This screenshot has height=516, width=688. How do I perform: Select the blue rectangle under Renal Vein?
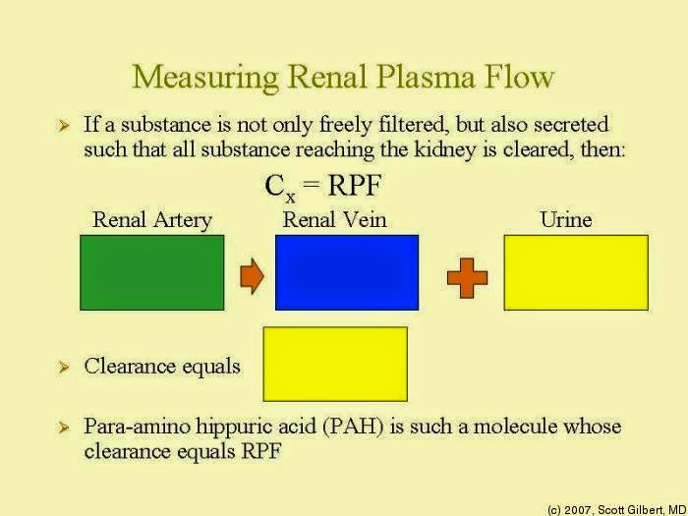(347, 272)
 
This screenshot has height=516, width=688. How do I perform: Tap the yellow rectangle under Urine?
(576, 272)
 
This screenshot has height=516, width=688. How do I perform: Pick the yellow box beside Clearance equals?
(335, 364)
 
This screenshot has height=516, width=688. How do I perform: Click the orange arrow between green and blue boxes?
(252, 278)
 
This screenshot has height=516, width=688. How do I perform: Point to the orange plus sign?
(467, 278)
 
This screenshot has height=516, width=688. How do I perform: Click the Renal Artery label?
(152, 219)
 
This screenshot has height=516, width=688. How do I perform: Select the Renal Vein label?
(334, 219)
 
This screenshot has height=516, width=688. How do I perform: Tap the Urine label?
(565, 219)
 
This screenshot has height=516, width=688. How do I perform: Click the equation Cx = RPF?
(322, 186)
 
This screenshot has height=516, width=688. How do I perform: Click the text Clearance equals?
(162, 367)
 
